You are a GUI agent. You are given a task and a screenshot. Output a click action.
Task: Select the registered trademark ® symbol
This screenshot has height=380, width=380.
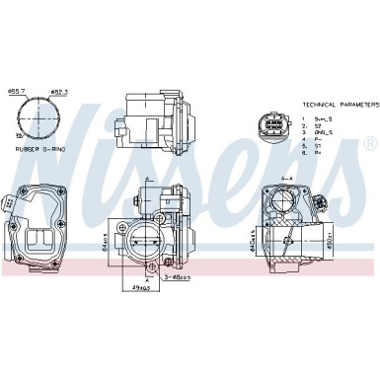tap(368, 144)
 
